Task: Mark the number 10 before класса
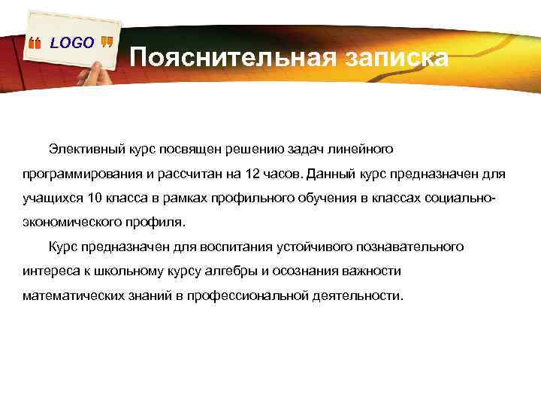click(95, 198)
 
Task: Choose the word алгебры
click(216, 271)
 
